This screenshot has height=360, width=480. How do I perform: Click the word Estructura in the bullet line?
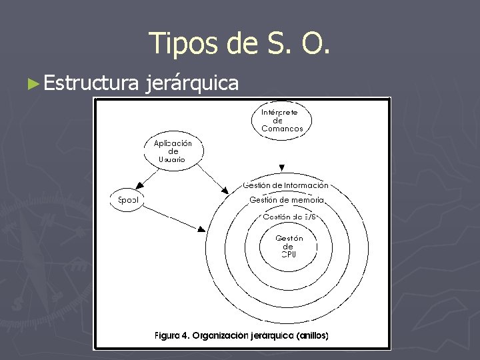pyautogui.click(x=91, y=83)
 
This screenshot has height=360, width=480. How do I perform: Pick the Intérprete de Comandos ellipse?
pyautogui.click(x=282, y=121)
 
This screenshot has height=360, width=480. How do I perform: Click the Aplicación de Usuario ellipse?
pyautogui.click(x=173, y=151)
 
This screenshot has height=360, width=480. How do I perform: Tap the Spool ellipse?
pyautogui.click(x=127, y=200)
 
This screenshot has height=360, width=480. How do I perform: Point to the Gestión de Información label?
pyautogui.click(x=285, y=185)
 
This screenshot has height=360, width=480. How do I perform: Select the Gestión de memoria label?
pyautogui.click(x=287, y=200)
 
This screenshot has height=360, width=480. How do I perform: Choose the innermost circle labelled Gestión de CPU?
pyautogui.click(x=289, y=246)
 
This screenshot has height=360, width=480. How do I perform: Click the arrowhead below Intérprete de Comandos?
pyautogui.click(x=282, y=167)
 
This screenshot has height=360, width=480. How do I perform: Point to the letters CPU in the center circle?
pyautogui.click(x=289, y=255)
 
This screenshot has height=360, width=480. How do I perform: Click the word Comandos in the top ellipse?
pyautogui.click(x=282, y=129)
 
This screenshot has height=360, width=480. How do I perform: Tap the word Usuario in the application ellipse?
pyautogui.click(x=172, y=159)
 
